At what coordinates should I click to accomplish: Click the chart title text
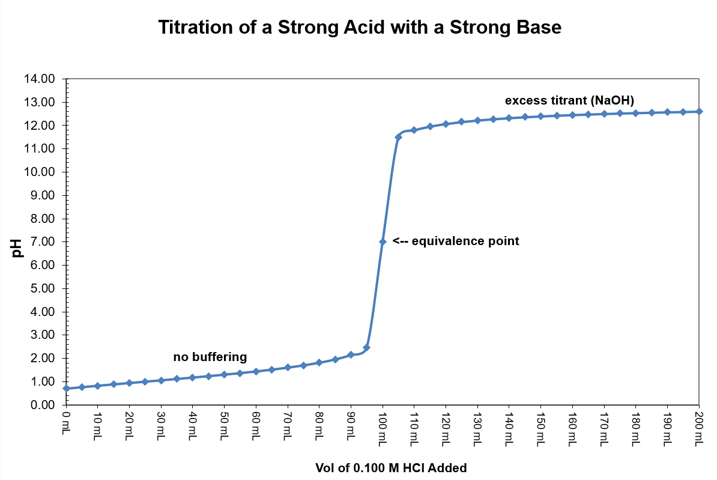click(x=359, y=27)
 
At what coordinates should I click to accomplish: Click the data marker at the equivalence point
click(x=383, y=242)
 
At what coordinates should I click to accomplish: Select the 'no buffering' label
click(x=210, y=357)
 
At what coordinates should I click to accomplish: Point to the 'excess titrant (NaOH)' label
click(x=569, y=99)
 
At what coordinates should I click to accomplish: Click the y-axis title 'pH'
click(x=17, y=248)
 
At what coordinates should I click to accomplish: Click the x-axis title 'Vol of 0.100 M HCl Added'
click(x=391, y=467)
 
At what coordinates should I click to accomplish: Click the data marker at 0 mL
click(x=66, y=388)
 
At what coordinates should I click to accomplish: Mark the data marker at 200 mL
click(x=699, y=111)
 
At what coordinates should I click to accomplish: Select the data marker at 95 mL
click(x=367, y=347)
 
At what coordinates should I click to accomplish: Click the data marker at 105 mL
click(x=398, y=137)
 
